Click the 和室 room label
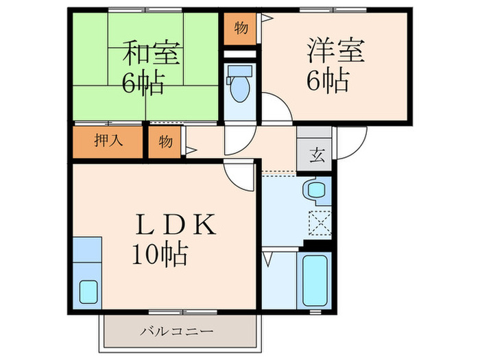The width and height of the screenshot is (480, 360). [143, 53]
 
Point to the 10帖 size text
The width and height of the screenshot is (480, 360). [160, 255]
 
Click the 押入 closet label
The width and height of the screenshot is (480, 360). [108, 141]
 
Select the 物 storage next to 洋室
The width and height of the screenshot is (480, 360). [240, 28]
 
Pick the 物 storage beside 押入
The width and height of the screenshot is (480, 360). [165, 142]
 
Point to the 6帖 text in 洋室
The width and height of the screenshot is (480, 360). [328, 82]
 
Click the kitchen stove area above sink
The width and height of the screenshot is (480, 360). [87, 250]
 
